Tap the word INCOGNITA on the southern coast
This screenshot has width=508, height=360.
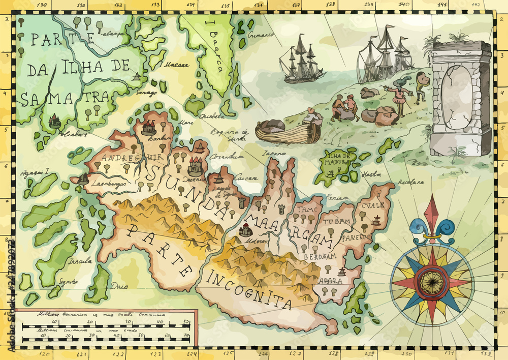(x=248, y=290)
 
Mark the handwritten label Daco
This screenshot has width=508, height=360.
(x=118, y=285)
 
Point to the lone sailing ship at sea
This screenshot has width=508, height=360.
(x=302, y=59)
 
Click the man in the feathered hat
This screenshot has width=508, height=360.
(x=398, y=97)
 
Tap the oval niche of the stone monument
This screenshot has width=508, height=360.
(x=457, y=97)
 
